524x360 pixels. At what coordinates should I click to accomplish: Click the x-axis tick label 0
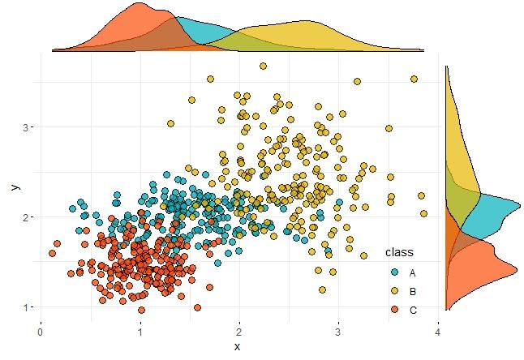click(x=41, y=331)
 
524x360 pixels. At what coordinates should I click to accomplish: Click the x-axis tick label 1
click(x=140, y=331)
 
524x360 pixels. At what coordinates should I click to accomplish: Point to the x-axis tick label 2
click(x=239, y=331)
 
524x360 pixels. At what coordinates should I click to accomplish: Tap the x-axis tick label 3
click(x=339, y=331)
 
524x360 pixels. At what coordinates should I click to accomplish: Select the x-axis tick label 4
click(x=438, y=331)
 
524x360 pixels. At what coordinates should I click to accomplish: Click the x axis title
click(x=238, y=346)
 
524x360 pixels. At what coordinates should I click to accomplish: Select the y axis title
click(x=14, y=186)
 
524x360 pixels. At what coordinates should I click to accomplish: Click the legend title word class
click(x=400, y=252)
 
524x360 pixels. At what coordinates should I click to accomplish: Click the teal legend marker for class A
click(x=394, y=272)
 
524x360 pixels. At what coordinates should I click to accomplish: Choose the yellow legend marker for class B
click(x=394, y=291)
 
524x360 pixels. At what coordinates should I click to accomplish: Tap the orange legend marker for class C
click(x=394, y=310)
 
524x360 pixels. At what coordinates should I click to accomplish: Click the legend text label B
click(x=413, y=291)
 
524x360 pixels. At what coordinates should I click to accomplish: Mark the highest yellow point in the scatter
click(x=263, y=66)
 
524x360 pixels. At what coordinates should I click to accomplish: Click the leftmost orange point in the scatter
click(x=52, y=254)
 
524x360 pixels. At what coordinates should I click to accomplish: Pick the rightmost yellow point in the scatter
click(x=423, y=214)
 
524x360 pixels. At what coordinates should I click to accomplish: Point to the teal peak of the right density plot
click(x=519, y=204)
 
